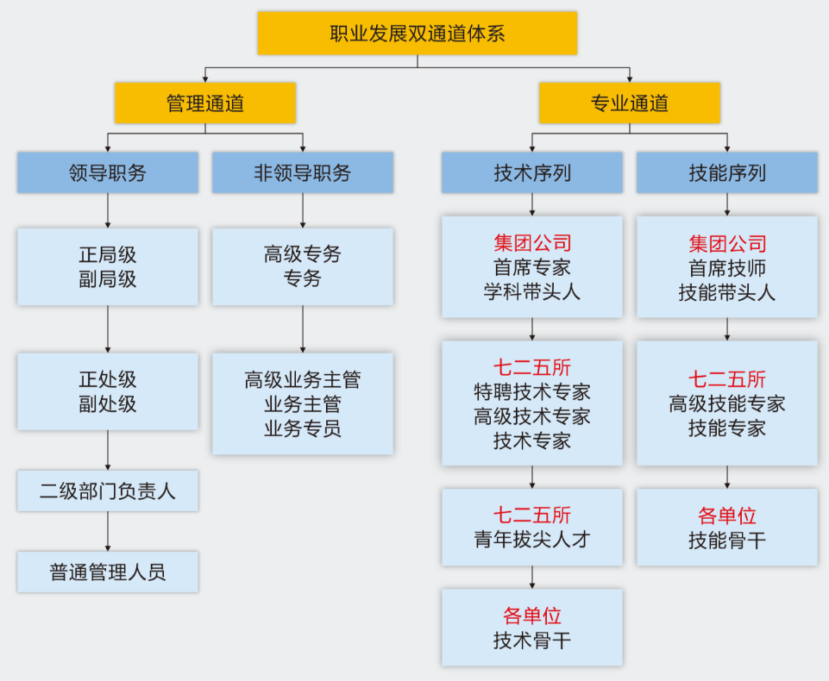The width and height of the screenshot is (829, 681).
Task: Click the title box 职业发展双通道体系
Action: coord(417,34)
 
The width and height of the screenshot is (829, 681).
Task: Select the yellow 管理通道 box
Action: coord(205,103)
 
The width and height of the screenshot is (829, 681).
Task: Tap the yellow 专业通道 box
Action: coord(629,103)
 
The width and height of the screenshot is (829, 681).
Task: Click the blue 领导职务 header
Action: coord(108,172)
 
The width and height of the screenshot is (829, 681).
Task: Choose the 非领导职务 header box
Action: coord(302,172)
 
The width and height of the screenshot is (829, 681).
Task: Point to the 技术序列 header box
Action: coord(531,172)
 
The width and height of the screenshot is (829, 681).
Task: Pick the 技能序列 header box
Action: coord(726,172)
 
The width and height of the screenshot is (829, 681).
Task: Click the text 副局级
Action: coord(108,279)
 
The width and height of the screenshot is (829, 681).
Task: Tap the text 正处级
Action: coord(108,379)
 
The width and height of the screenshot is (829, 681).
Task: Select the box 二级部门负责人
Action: coord(108,491)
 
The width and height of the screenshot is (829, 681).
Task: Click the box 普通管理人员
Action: coord(108,572)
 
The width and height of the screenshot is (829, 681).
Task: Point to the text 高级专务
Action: coord(302,254)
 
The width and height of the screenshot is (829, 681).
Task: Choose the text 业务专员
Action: coord(302,428)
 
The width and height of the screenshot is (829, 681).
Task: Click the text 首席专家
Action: coord(531,267)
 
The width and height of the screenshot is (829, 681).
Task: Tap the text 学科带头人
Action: coord(531,291)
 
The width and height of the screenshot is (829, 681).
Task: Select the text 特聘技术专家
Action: coord(531,392)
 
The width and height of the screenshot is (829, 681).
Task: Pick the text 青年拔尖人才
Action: coord(531,540)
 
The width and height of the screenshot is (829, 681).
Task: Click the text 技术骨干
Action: coord(531,640)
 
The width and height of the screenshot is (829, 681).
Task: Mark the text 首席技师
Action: coord(726,267)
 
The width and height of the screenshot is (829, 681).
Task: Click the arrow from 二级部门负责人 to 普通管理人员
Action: coord(108,531)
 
